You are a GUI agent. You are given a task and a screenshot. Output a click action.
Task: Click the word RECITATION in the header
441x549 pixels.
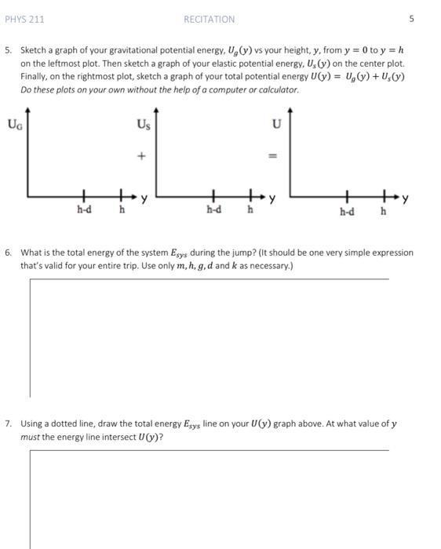[x=209, y=19]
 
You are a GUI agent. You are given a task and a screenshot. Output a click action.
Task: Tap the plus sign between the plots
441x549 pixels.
[x=141, y=156]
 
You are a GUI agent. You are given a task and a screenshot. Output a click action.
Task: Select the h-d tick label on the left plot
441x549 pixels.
[x=83, y=209]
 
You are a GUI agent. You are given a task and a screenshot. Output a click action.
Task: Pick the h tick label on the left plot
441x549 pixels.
[x=122, y=209]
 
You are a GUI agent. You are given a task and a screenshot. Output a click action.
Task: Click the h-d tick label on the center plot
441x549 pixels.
[x=213, y=209]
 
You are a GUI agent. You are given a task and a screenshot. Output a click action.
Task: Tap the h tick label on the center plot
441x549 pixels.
[x=250, y=209]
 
